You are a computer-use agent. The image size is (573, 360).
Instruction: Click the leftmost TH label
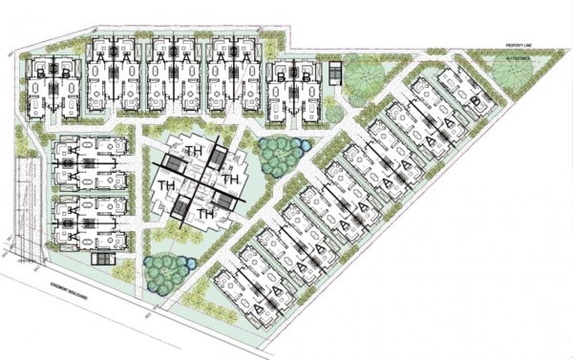pyautogui.click(x=166, y=184)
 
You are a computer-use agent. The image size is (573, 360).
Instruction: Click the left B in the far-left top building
pyautogui.click(x=39, y=72)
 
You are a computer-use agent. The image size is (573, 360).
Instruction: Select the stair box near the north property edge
pyautogui.click(x=334, y=74)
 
